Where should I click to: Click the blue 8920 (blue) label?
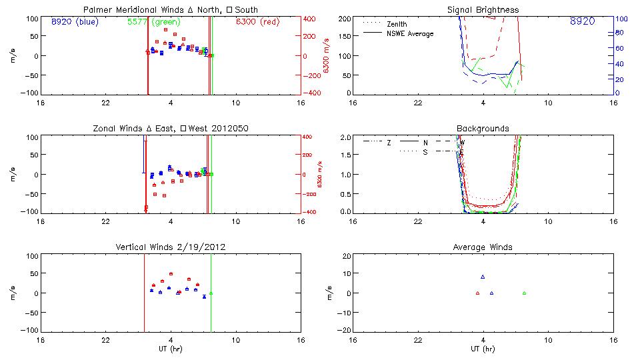click(x=75, y=21)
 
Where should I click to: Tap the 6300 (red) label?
click(x=259, y=21)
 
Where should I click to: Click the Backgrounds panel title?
click(x=483, y=128)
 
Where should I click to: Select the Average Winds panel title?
click(x=483, y=247)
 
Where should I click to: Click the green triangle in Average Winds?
click(x=524, y=293)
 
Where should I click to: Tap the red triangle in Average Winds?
click(x=477, y=293)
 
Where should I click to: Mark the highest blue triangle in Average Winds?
click(x=483, y=277)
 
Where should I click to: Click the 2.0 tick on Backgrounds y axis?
click(x=347, y=137)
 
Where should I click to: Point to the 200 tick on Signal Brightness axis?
click(x=345, y=18)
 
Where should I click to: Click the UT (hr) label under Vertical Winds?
click(x=171, y=349)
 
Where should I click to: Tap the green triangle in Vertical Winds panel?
click(x=211, y=293)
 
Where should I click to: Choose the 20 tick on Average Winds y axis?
click(x=347, y=255)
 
